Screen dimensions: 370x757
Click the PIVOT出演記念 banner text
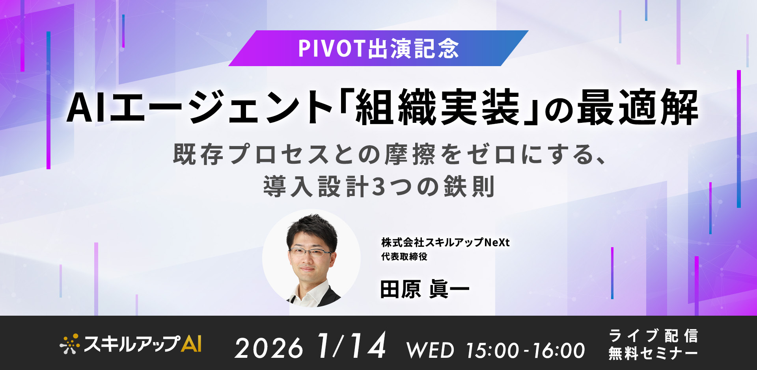coord(378,48)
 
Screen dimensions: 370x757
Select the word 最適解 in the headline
coord(638,107)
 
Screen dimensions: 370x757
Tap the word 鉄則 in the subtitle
coord(469,187)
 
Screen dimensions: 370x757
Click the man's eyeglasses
coord(311,252)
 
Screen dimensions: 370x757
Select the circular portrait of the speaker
coord(311,258)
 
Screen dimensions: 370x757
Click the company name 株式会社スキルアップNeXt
coord(445,242)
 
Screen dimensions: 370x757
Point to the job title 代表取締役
coord(404,257)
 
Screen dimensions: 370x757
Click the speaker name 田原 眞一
coord(424,289)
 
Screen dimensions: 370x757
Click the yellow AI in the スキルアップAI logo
coord(191,344)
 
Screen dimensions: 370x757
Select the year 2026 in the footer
coord(269,348)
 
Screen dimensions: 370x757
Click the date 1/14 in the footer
coord(351,346)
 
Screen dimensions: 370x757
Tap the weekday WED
coord(430,350)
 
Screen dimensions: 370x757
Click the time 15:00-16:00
coord(525,350)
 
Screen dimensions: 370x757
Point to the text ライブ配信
coord(653,336)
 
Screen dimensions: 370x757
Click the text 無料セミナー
coord(653,353)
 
